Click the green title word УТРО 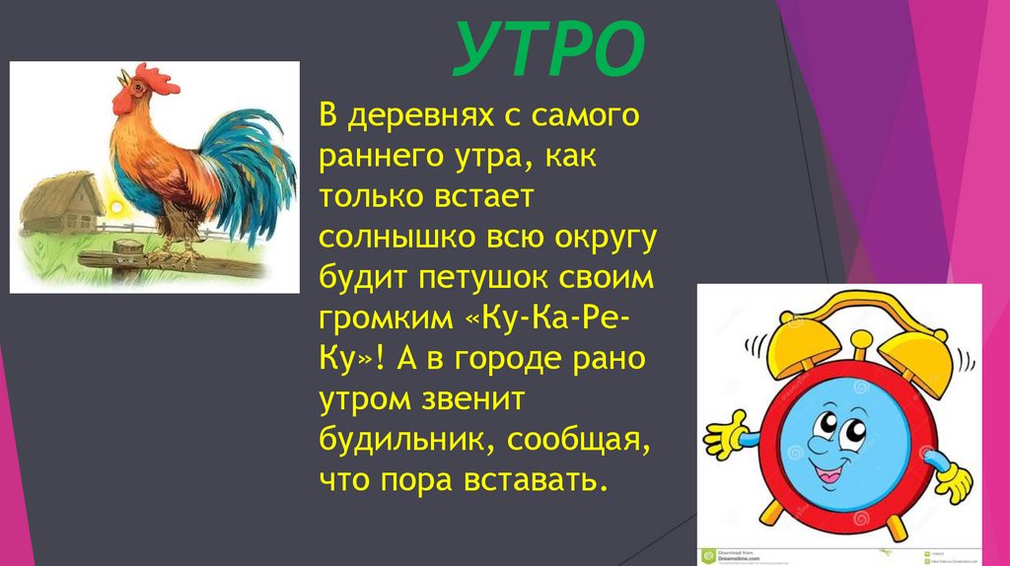pos(548,52)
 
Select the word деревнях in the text pos(438,118)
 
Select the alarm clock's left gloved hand pos(724,434)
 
